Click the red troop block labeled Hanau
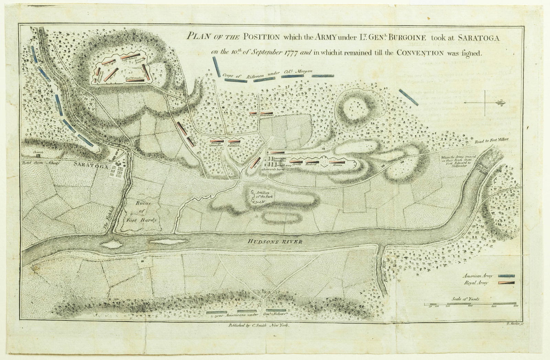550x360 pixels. tap(337, 161)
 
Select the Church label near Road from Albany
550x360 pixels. tap(37, 152)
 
